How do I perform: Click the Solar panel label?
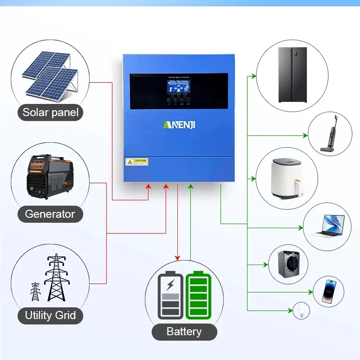coord(50,112)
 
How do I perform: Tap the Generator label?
coord(50,214)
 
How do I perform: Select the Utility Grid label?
coord(50,315)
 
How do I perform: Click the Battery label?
coord(184,332)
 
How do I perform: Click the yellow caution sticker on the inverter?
coord(137,162)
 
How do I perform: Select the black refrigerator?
coord(292,75)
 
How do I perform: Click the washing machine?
coord(288,264)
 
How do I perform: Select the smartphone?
coord(328,292)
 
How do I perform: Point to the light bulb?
coord(301,310)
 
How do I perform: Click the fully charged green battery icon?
coord(198,295)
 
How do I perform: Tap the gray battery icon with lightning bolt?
coord(171,295)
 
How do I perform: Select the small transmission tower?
coord(35,291)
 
